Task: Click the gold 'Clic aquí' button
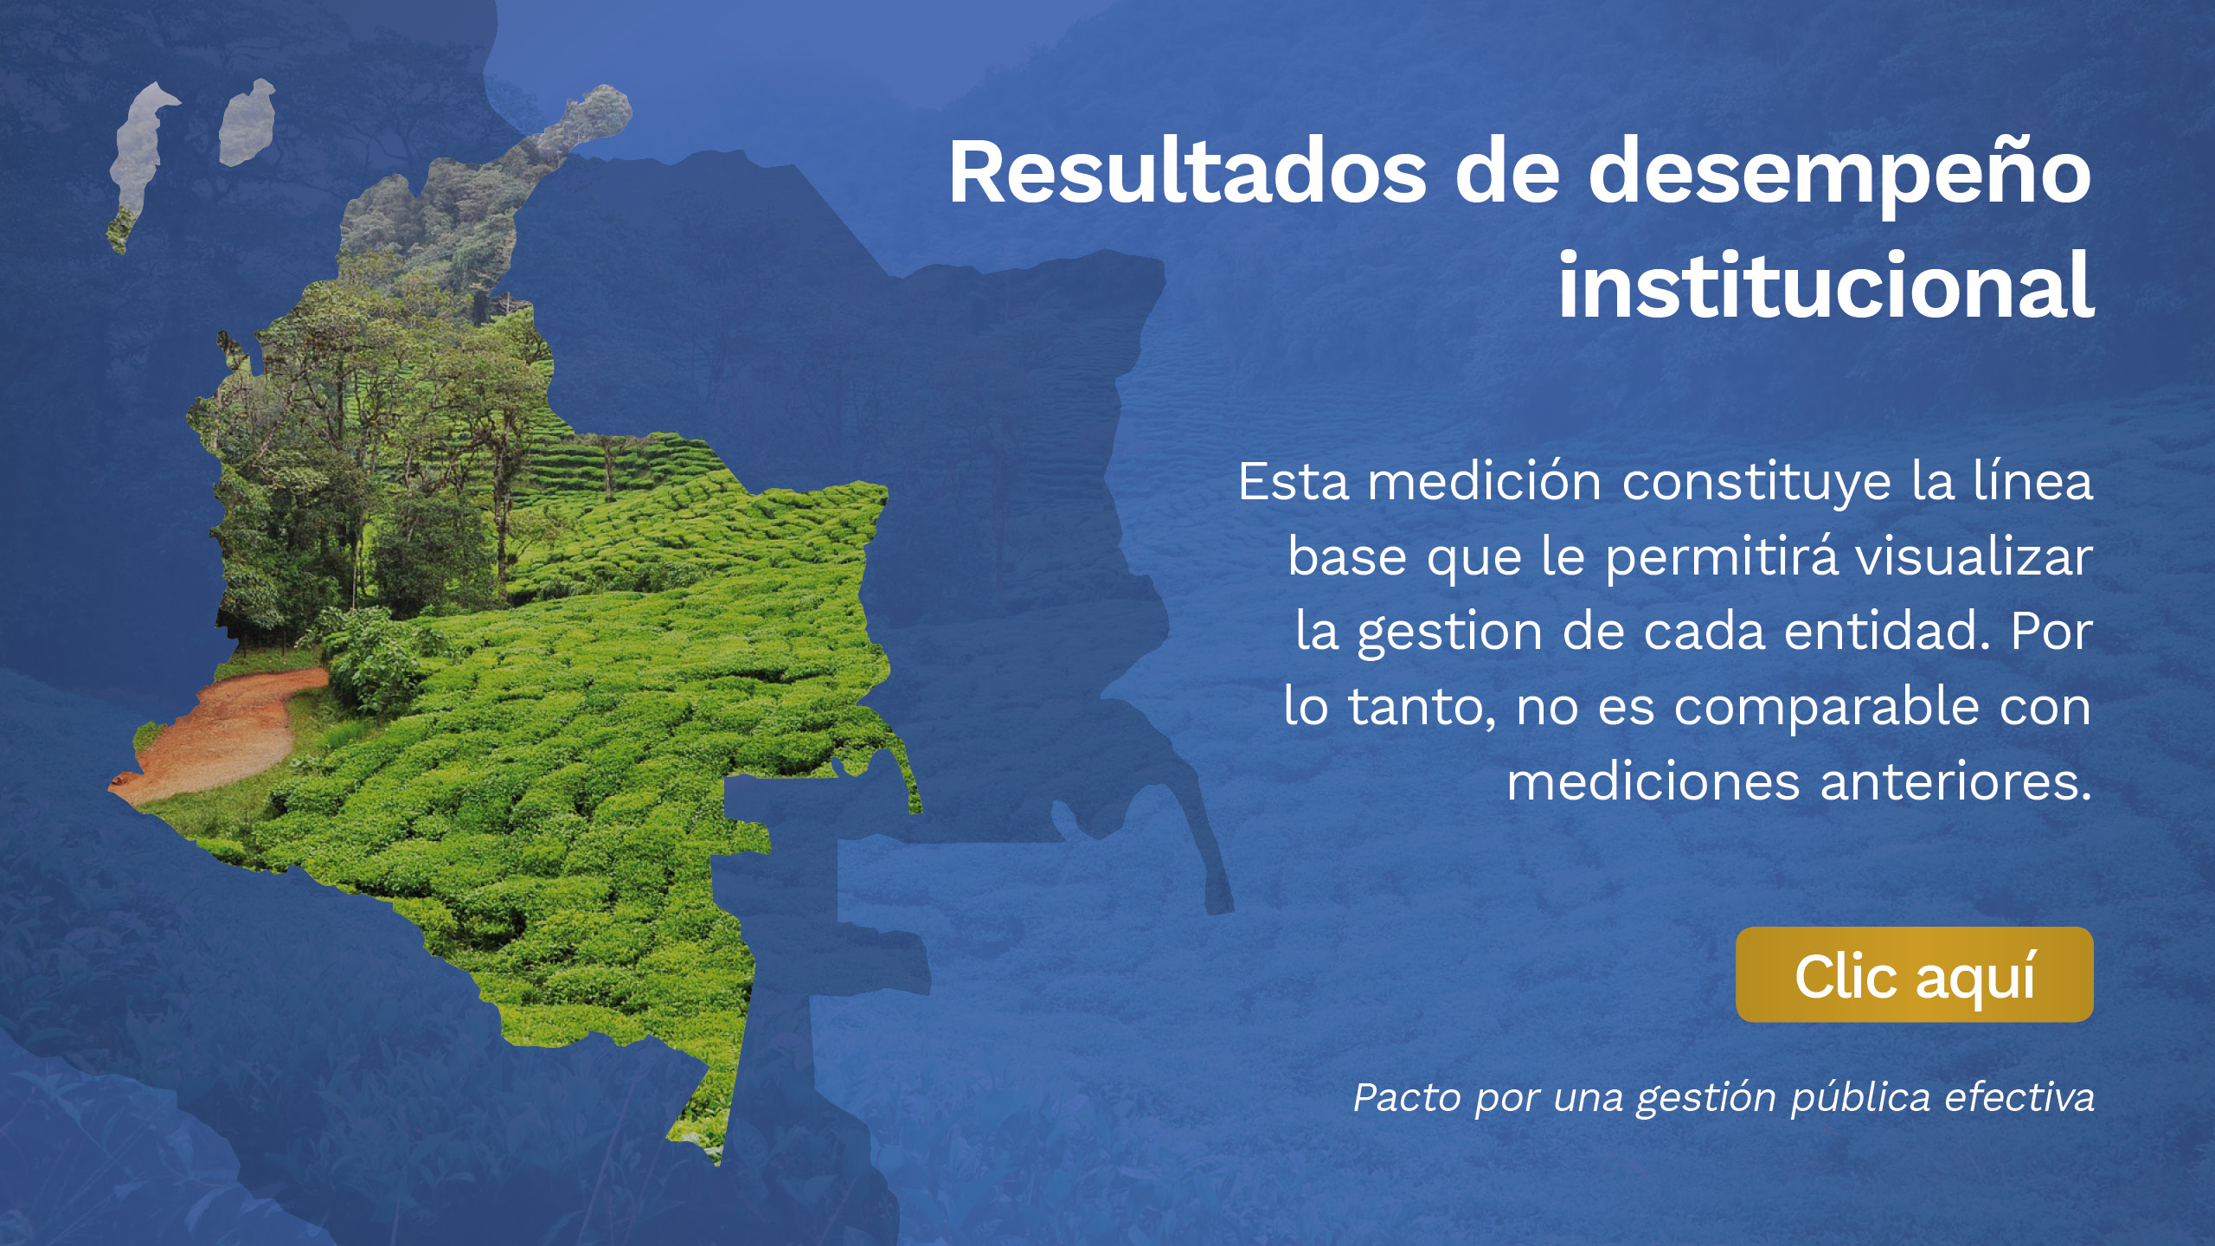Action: point(1914,974)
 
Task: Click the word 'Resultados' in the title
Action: point(1187,172)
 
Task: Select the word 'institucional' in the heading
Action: point(1826,286)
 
